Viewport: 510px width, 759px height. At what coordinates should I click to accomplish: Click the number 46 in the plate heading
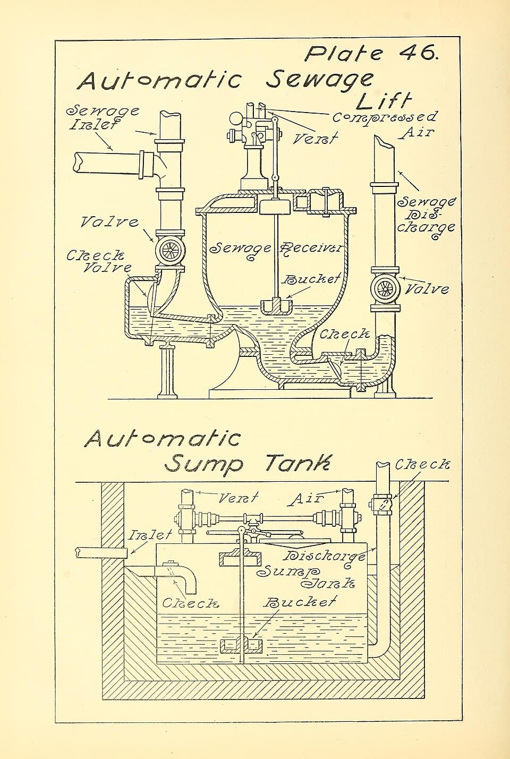coord(418,53)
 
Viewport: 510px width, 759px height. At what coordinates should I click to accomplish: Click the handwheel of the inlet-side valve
coord(170,250)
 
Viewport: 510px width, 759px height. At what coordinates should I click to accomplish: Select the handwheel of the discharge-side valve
coord(385,289)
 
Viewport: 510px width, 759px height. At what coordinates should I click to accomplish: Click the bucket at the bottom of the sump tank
coord(240,646)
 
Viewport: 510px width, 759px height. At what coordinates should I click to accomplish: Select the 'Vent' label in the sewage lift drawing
coord(316,138)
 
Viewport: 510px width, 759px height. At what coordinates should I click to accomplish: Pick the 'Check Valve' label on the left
coord(99,261)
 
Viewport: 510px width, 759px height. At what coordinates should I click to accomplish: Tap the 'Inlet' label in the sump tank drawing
coord(150,535)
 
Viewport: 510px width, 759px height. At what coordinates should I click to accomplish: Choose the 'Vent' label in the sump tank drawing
coord(238,498)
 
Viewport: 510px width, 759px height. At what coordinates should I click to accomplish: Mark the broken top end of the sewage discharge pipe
coord(384,142)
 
